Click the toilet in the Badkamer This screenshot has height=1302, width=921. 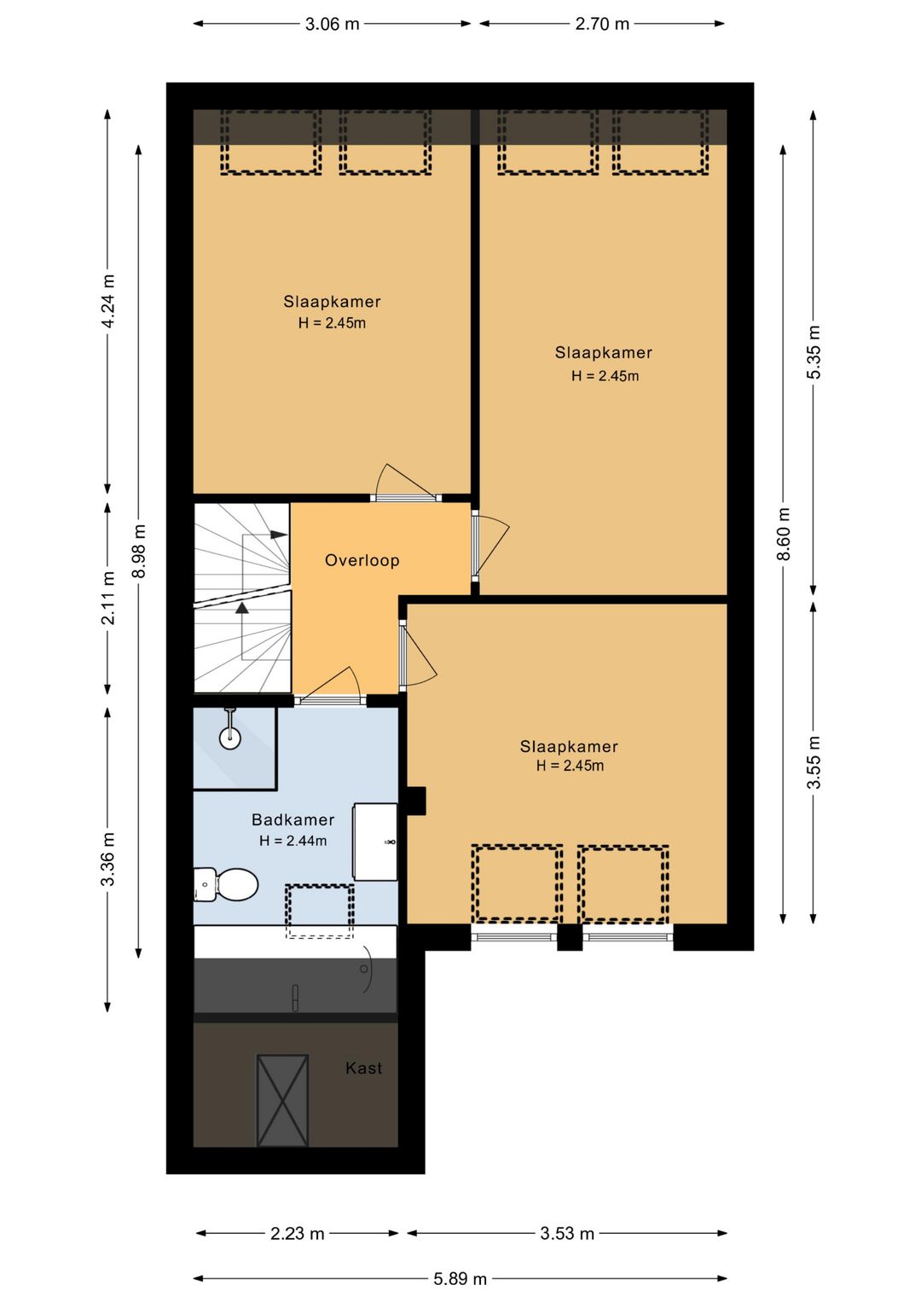226,885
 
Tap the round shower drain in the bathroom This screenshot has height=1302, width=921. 230,738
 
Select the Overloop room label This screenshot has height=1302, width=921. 362,560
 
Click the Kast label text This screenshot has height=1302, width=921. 363,1068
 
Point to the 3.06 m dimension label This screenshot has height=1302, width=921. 332,24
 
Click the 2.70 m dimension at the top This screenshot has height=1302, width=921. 602,24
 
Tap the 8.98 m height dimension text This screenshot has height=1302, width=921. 140,551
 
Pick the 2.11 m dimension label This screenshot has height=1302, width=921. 108,599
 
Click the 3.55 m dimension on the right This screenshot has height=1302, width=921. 814,762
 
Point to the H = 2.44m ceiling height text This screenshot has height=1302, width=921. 293,841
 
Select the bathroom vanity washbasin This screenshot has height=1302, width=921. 375,842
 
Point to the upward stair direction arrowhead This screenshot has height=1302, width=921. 242,608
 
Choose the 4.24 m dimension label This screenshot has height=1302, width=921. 108,300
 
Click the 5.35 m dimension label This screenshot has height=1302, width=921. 814,352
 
